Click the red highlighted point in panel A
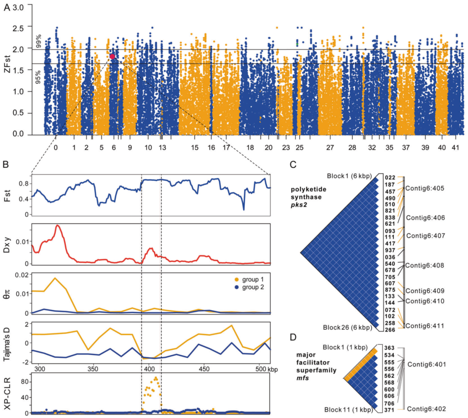point(112,56)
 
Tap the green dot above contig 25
point(297,44)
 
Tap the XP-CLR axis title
point(7,394)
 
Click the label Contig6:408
point(426,266)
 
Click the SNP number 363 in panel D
point(390,348)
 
